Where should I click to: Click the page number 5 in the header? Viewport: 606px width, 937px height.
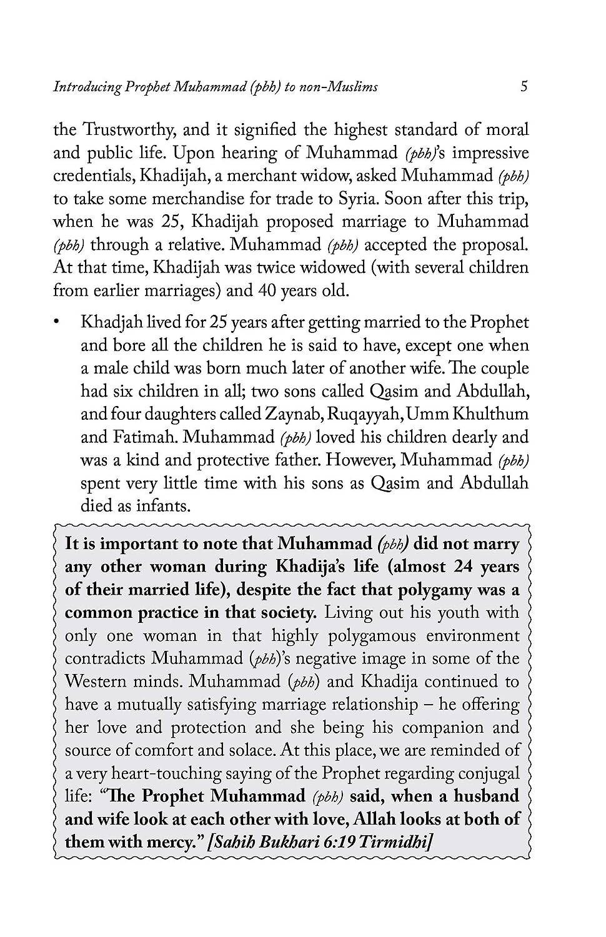pyautogui.click(x=524, y=86)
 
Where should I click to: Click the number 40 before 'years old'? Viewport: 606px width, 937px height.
pyautogui.click(x=264, y=290)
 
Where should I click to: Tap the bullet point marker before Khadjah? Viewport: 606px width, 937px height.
pyautogui.click(x=57, y=323)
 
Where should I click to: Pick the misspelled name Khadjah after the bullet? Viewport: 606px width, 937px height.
pyautogui.click(x=111, y=323)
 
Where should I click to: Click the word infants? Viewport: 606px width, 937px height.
pyautogui.click(x=164, y=506)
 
